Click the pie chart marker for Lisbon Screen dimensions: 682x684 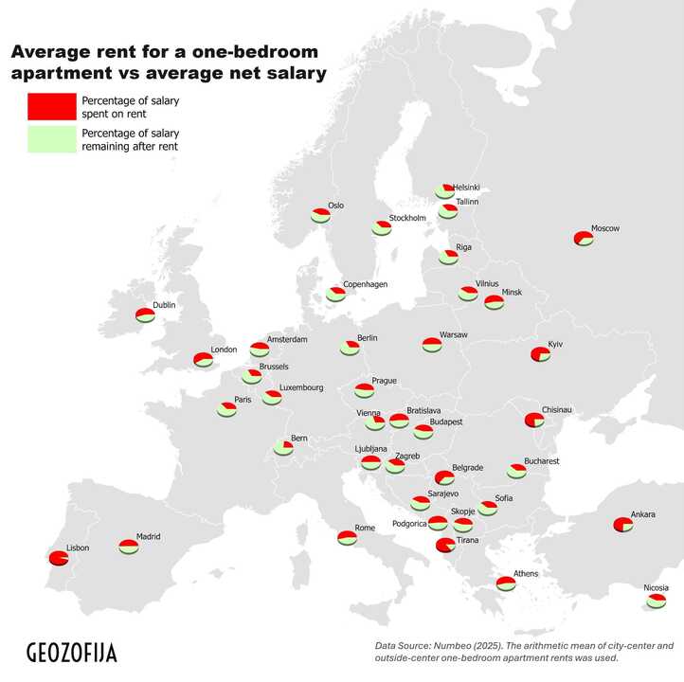[x=59, y=559]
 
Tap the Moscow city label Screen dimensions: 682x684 [x=604, y=229]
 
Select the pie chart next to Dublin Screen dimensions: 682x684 [x=145, y=315]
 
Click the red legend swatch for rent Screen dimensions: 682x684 [x=51, y=106]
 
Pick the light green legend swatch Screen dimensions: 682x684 [x=51, y=139]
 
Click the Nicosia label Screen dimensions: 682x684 [x=656, y=588]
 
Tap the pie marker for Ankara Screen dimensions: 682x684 [x=622, y=525]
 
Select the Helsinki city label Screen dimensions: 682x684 [x=466, y=188]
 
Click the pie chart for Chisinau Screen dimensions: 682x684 [x=534, y=420]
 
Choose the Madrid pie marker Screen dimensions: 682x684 [x=129, y=547]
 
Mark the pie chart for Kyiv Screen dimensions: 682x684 [x=540, y=354]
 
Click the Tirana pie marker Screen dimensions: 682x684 [x=444, y=545]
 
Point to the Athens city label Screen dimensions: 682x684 [x=525, y=574]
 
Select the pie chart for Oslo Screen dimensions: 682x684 [x=320, y=216]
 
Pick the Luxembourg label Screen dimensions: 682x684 [x=301, y=387]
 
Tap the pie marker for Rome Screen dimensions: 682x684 [x=347, y=538]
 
